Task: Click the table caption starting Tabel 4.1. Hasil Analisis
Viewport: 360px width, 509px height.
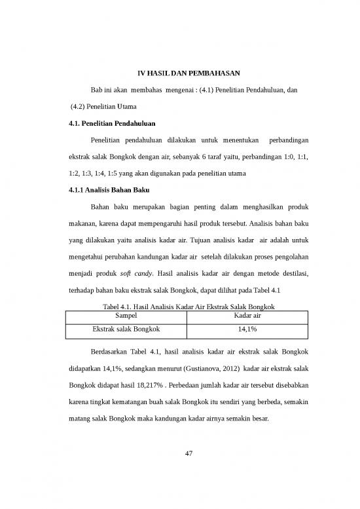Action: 180,306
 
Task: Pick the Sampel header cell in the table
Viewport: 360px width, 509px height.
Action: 126,315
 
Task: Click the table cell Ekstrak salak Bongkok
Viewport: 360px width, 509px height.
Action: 126,329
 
